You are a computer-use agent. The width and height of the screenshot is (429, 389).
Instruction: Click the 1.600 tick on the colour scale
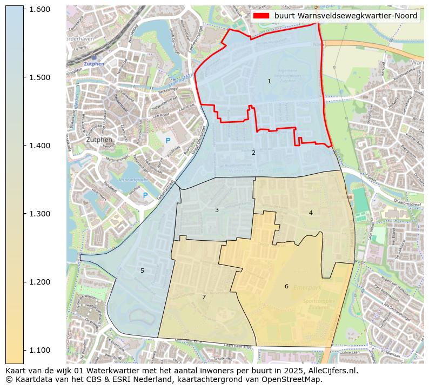point(40,9)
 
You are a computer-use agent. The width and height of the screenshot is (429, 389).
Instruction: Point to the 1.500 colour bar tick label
point(40,77)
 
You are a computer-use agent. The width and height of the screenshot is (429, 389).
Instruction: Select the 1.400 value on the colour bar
point(40,146)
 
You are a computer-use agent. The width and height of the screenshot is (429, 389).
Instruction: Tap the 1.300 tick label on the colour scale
point(40,214)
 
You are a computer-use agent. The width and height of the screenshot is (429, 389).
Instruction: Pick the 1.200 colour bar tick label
point(40,282)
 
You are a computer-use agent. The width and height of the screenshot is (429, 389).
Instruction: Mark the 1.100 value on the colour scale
point(40,350)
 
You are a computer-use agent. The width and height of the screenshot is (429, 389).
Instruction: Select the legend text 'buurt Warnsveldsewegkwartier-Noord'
point(346,16)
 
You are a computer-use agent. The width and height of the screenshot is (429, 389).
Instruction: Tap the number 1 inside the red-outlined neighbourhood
point(269,81)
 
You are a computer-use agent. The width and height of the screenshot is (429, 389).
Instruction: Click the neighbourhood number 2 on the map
point(253,153)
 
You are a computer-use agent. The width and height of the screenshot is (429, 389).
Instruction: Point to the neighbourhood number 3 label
point(217,210)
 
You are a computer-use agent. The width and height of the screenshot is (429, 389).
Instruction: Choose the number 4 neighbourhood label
point(311,213)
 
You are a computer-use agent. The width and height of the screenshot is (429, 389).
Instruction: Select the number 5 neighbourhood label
point(143,271)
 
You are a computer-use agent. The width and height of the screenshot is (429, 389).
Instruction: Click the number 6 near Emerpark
point(286,286)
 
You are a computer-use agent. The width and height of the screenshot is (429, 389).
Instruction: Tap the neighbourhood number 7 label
point(204,297)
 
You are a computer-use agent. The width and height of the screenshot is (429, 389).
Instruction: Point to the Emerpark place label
point(307,288)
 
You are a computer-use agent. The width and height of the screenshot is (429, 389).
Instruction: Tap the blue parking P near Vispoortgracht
point(145,195)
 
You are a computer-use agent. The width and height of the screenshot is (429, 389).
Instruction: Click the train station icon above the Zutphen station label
point(93,57)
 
